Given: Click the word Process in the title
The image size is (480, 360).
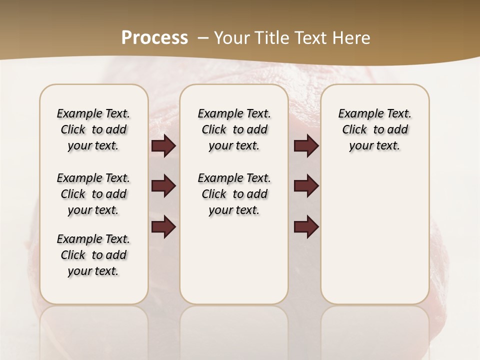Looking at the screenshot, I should click(x=154, y=37).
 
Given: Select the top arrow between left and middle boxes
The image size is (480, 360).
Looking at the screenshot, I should click(x=163, y=146).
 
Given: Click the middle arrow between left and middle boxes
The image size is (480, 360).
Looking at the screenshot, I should click(x=163, y=186).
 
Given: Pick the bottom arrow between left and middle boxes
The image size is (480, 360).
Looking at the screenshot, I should click(x=163, y=226).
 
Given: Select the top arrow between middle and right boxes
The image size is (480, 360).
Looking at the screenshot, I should click(x=306, y=146).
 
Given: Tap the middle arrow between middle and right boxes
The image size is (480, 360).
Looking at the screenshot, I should click(x=306, y=186).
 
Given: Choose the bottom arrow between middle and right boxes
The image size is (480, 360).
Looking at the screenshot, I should click(x=306, y=226).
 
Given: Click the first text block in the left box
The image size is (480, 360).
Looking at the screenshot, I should click(x=93, y=129).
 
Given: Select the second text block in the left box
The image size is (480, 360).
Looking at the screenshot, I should click(x=93, y=194).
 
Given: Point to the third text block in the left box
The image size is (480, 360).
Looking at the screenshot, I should click(x=93, y=255).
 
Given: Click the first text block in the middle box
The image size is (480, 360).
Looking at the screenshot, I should click(x=234, y=129).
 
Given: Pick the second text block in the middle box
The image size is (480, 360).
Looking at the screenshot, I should click(x=234, y=194).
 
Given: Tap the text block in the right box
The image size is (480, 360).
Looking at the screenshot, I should click(x=374, y=129).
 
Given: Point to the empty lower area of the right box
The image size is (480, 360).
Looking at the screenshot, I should click(x=374, y=235).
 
